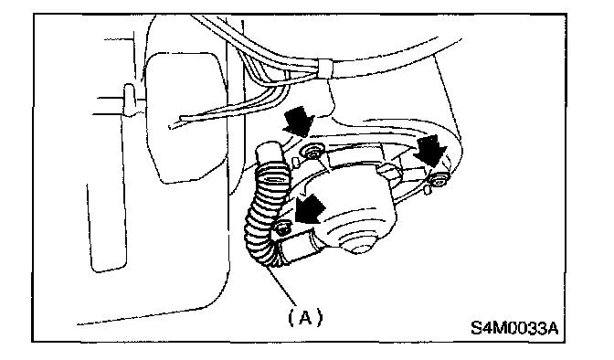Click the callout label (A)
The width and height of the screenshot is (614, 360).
coord(305,316)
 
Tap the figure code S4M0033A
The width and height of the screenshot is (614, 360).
coord(514,328)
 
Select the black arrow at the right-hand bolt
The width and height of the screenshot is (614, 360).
coord(431,150)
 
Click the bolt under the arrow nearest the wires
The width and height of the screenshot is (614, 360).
coord(312,151)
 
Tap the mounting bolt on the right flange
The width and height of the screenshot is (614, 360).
coord(439,180)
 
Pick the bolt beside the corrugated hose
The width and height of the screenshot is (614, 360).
coord(283,228)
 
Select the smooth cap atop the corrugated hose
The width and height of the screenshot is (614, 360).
coord(269,154)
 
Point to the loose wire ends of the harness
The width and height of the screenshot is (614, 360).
coord(176,122)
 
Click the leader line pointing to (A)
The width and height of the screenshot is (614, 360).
coord(281,285)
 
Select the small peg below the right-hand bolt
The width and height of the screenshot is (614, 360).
coord(429,190)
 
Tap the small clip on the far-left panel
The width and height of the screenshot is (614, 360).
coord(130,99)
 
